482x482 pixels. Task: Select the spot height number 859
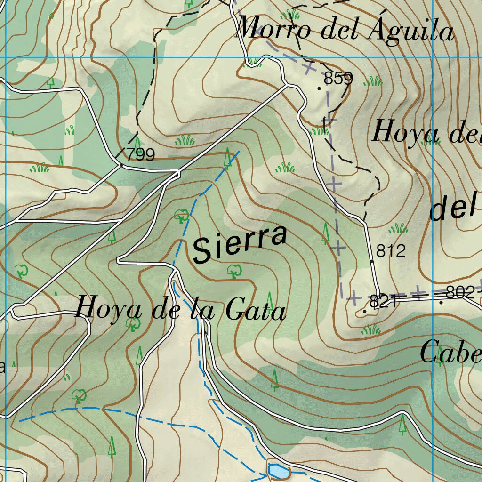[x=338, y=79]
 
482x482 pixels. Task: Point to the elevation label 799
[x=141, y=154]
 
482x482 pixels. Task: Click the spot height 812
[x=391, y=251]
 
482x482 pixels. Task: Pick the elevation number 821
[x=384, y=302]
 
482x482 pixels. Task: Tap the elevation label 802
[x=460, y=293]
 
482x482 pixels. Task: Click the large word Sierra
[x=240, y=244]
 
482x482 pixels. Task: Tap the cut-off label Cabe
[x=450, y=353]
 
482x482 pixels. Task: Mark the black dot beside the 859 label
[x=319, y=88]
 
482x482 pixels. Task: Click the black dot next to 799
[x=121, y=165]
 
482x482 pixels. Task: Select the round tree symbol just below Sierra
[x=233, y=271]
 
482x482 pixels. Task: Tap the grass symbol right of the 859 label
[x=373, y=81]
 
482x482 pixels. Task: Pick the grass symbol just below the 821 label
[x=370, y=330]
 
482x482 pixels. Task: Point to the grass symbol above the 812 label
[x=398, y=229]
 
